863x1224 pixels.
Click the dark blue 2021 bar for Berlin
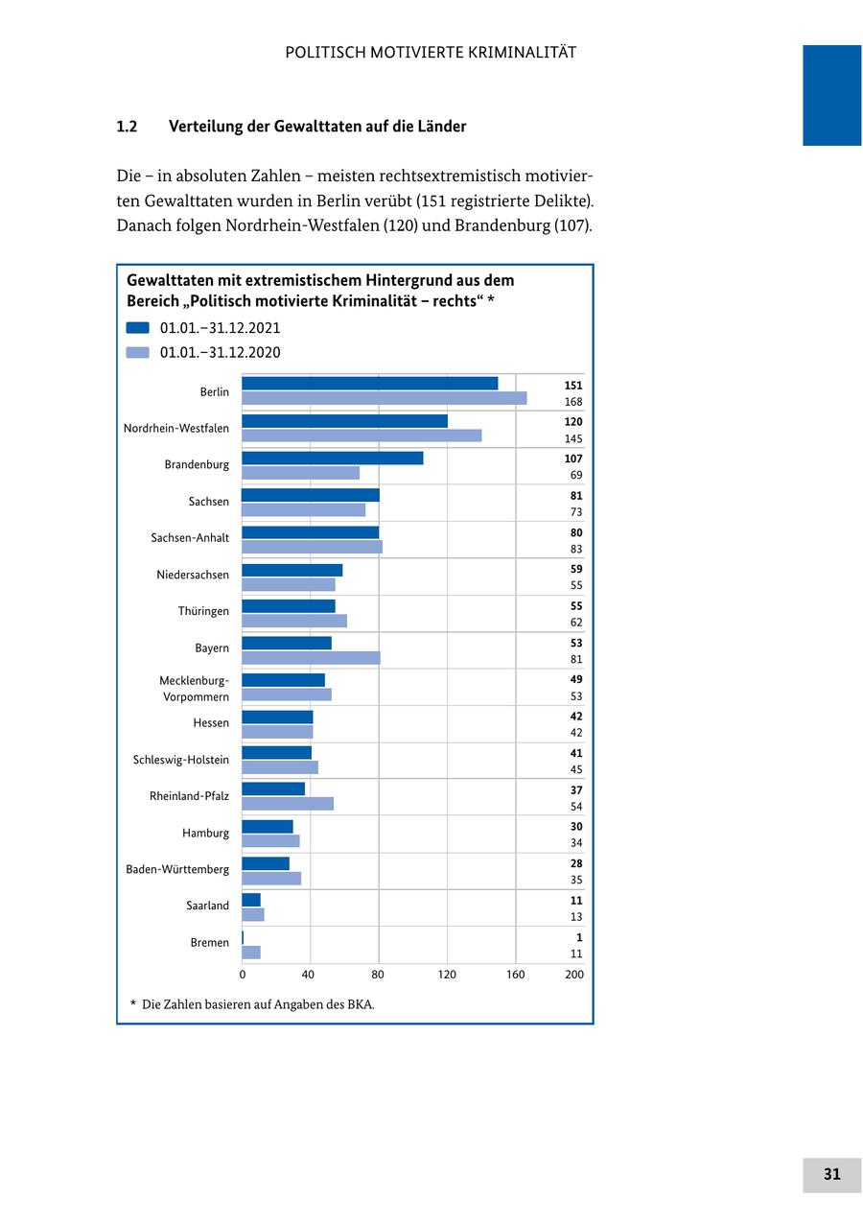point(369,384)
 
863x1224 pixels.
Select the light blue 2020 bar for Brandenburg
point(300,473)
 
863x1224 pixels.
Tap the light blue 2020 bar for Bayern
point(311,658)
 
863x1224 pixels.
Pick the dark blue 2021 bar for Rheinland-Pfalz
point(273,789)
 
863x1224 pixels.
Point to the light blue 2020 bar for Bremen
point(251,953)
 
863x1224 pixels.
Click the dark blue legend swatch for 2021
point(138,327)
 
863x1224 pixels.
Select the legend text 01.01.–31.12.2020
point(220,352)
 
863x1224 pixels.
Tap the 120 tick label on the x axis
point(447,975)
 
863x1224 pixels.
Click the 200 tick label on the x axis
point(574,975)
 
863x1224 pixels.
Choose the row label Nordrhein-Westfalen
point(176,428)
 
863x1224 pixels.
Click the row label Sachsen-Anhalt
point(190,538)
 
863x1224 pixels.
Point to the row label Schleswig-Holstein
point(181,760)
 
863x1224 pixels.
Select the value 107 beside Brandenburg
point(573,459)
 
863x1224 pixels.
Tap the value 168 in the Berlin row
point(573,402)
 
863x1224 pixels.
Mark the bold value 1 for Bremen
point(579,937)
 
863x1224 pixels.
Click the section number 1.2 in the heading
point(127,127)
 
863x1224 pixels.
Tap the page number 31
point(831,1174)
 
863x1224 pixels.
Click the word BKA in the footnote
point(357,1004)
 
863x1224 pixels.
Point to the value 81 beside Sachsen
point(576,495)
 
